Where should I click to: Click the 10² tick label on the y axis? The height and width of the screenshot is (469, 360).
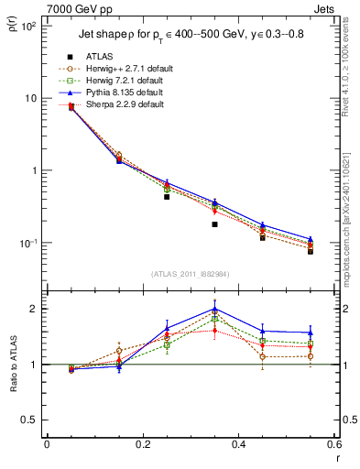pos(29,27)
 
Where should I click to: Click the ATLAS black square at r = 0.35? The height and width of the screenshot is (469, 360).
pos(214,224)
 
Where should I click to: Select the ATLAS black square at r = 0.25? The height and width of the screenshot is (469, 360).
pos(167,196)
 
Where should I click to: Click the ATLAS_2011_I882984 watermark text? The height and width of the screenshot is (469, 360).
pos(191,274)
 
